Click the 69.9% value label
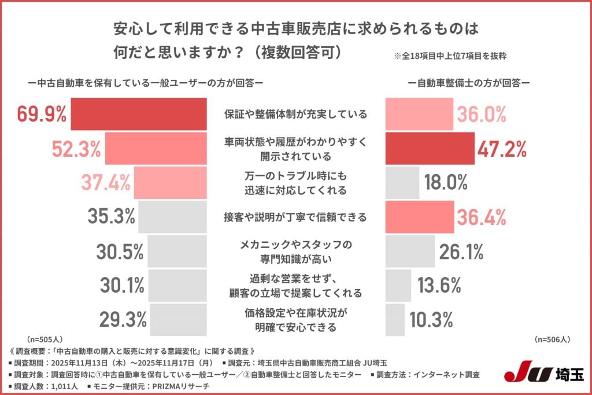point(42,115)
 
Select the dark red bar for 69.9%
point(139,115)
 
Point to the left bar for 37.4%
point(170,182)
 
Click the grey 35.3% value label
point(111,216)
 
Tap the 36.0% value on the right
point(482,115)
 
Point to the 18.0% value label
point(446,182)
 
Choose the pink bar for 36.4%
point(420,217)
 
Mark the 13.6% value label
point(439,285)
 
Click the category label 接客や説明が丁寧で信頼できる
point(295,217)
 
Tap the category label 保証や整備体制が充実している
point(295,115)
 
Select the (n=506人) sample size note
point(552,339)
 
